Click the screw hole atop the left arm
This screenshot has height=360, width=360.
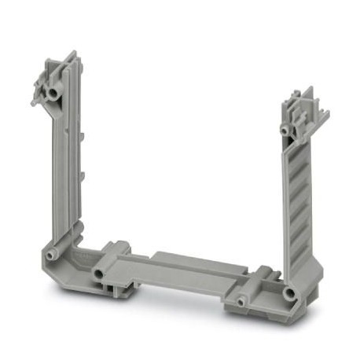coord(53,94)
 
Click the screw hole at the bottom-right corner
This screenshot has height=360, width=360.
coord(290,295)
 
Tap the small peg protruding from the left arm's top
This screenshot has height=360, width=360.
coord(35,101)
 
